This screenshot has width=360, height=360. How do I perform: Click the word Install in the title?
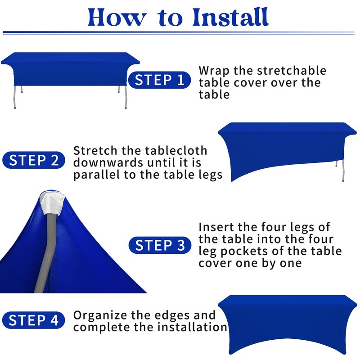[230, 17]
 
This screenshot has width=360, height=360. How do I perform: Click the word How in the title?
[117, 18]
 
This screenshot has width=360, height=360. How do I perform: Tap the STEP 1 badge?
[159, 80]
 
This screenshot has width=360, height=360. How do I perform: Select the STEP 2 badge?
[33, 160]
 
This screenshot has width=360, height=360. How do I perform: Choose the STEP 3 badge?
[160, 245]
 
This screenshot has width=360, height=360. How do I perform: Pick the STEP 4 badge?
[33, 320]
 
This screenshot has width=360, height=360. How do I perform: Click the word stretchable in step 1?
[291, 70]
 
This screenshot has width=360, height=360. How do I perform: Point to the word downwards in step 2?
[108, 162]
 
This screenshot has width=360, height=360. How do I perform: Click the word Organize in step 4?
[100, 316]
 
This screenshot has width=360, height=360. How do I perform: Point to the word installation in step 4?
[192, 327]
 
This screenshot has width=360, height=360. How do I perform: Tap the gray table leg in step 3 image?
[45, 252]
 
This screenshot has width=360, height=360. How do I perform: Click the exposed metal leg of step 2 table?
[343, 171]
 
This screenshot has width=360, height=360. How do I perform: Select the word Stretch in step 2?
[95, 151]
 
